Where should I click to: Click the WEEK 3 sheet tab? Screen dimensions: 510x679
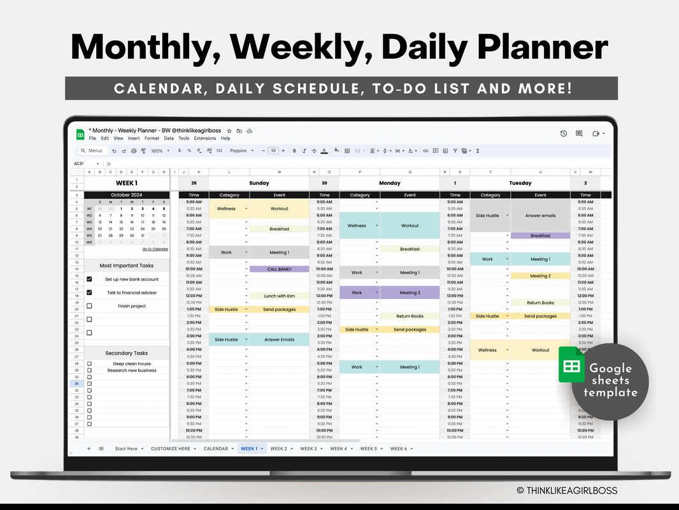(308, 449)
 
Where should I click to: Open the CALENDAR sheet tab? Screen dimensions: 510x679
(216, 449)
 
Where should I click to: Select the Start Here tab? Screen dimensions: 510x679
(126, 449)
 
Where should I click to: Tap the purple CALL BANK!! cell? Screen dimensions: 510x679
(279, 269)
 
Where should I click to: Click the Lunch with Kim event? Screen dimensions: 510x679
(279, 296)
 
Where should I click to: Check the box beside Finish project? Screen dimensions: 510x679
(89, 306)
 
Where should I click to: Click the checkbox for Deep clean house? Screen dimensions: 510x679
(89, 364)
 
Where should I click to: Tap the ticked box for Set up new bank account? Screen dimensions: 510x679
(89, 279)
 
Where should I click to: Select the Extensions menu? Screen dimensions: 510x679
(205, 138)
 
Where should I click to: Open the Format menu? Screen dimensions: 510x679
(152, 138)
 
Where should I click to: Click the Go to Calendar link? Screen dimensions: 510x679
(155, 249)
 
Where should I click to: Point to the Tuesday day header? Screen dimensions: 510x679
(520, 183)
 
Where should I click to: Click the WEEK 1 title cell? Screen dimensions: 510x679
(127, 183)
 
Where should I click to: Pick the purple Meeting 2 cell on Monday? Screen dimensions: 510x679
(410, 293)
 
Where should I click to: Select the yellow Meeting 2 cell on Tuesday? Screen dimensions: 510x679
(540, 276)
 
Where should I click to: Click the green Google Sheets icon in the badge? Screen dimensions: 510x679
(571, 365)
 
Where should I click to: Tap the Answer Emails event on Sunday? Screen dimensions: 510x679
(279, 340)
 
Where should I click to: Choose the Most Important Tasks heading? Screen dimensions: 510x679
(127, 266)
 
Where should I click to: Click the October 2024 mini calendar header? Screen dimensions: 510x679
(127, 195)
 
